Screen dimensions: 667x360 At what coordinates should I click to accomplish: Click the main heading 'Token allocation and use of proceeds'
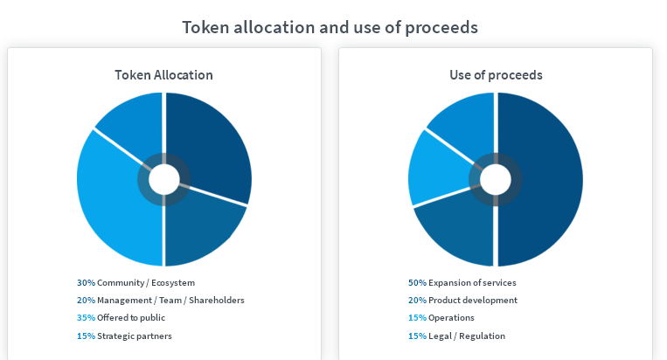click(330, 28)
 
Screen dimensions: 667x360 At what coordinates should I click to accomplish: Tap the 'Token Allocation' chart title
click(163, 75)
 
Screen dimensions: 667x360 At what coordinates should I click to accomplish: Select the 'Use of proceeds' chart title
click(496, 75)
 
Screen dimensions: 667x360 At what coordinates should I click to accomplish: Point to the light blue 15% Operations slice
click(438, 170)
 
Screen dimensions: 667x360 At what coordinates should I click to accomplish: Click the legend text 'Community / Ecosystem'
click(146, 282)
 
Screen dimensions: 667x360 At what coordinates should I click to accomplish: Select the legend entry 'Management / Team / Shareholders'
click(170, 300)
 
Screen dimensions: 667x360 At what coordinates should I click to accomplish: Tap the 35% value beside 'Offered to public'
click(86, 317)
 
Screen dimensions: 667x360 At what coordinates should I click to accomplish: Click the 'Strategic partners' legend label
click(135, 336)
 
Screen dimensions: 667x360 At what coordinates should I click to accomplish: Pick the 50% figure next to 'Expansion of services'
click(417, 282)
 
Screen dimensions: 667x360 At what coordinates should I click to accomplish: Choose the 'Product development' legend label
click(473, 300)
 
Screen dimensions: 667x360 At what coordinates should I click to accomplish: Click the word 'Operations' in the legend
click(451, 318)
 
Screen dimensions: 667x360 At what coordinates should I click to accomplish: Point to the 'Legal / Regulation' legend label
click(467, 336)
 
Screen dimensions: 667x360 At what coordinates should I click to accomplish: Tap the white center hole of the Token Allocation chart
click(164, 179)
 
